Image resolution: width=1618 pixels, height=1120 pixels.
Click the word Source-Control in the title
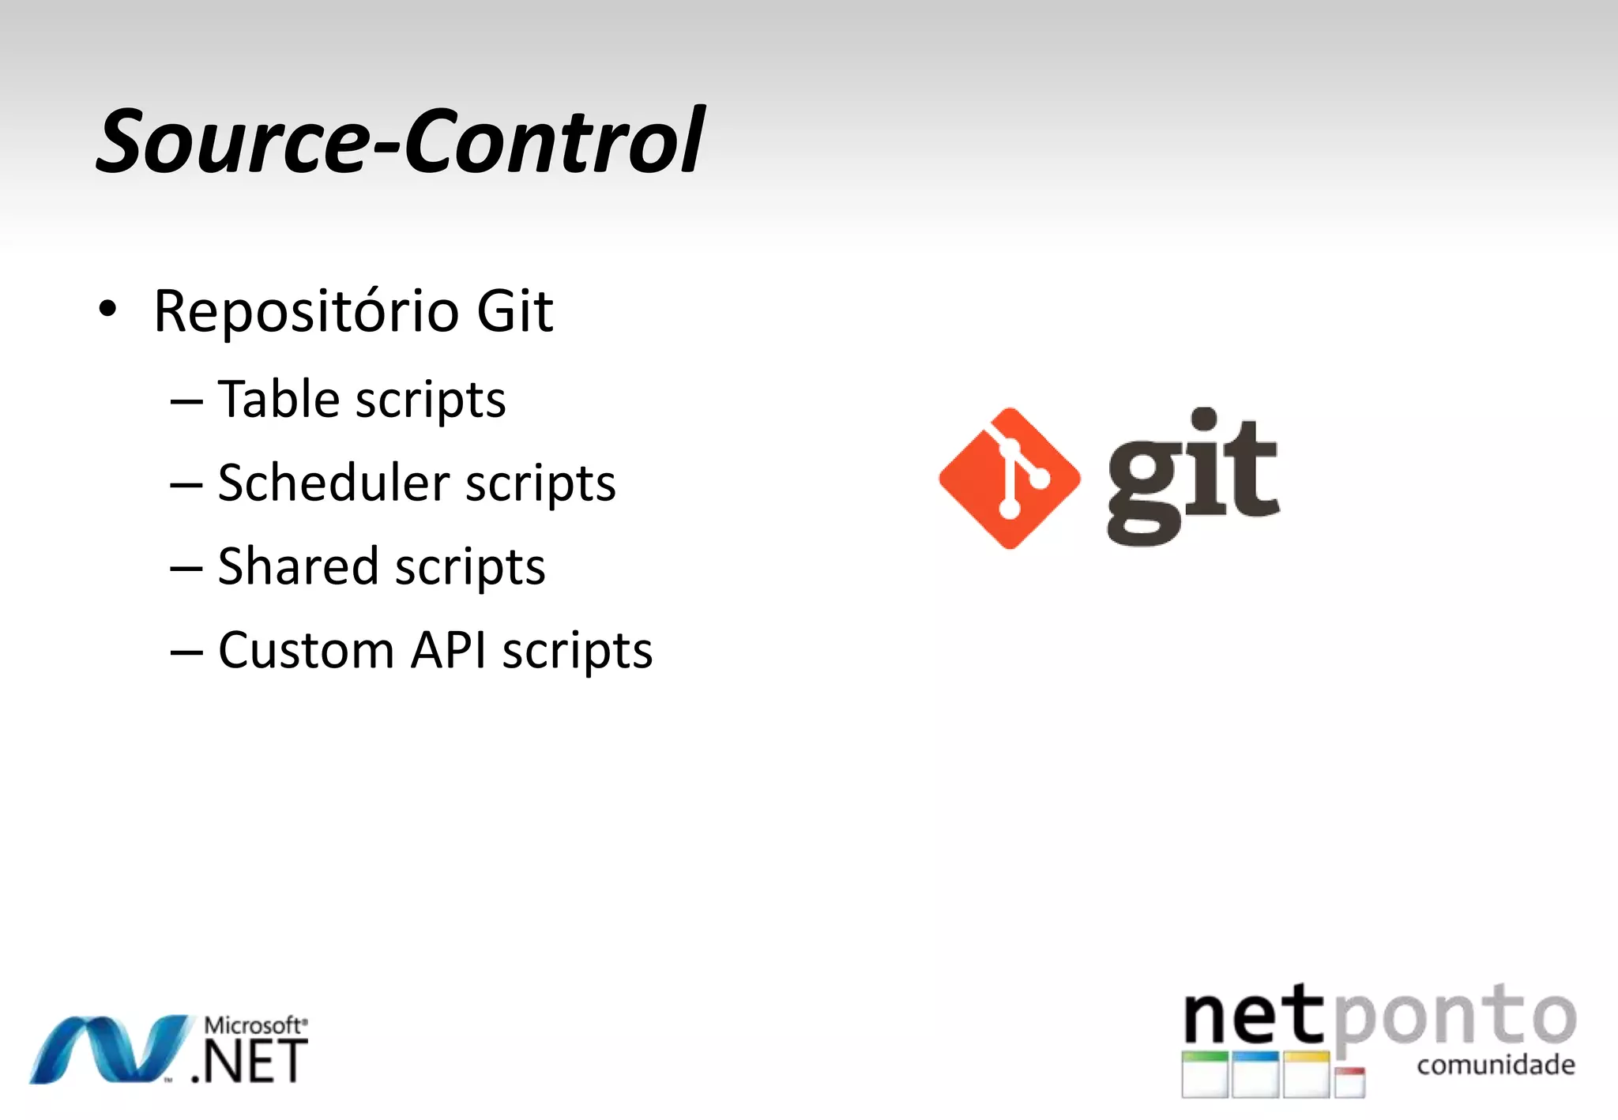[400, 141]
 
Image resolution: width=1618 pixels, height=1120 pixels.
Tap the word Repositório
[306, 312]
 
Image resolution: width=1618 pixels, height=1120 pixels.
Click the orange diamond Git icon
[1009, 479]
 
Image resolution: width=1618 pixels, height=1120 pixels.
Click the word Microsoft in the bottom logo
[253, 1025]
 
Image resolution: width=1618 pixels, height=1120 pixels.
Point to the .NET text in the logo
[250, 1062]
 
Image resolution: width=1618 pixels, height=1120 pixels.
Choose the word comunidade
[1496, 1065]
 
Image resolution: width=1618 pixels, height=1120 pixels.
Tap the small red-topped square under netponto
[1350, 1082]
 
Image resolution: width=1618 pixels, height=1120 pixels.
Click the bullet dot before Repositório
[107, 309]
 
